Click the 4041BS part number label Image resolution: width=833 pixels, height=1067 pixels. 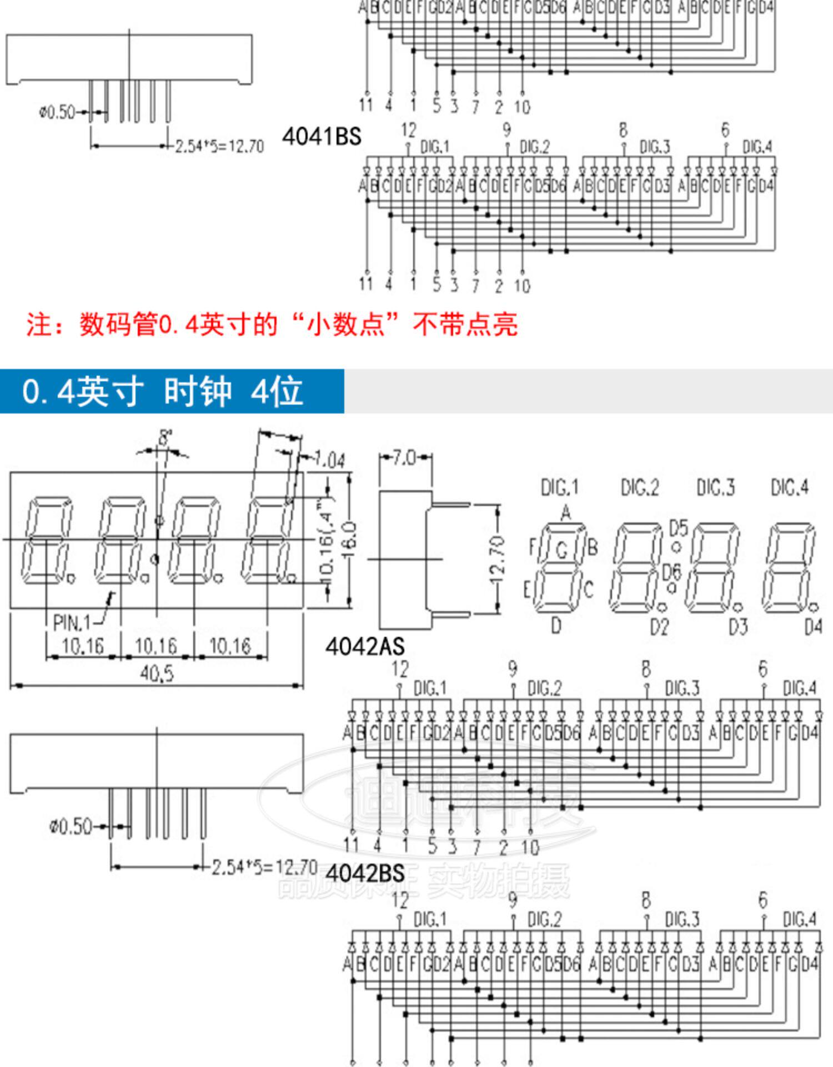point(322,137)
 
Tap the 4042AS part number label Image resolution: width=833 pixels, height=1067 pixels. point(365,646)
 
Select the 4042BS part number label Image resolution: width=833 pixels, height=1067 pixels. point(365,873)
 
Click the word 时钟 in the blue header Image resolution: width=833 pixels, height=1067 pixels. point(197,391)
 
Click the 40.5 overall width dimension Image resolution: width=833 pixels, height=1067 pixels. point(157,674)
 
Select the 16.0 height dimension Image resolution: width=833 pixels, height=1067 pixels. point(352,539)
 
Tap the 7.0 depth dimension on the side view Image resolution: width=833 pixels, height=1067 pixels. point(404,458)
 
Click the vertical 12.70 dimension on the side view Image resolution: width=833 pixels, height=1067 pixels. point(498,558)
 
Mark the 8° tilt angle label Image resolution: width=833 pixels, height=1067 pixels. point(164,438)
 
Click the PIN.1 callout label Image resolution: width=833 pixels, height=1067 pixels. point(72,622)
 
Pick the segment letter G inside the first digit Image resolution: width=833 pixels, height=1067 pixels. point(562,550)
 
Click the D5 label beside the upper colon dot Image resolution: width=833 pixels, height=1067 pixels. point(678,527)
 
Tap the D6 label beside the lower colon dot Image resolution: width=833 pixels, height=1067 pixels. point(671,571)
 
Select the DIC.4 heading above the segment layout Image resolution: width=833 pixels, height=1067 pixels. point(790,487)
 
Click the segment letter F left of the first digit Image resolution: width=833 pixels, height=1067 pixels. point(532,547)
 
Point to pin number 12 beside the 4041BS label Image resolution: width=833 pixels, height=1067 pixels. point(408,130)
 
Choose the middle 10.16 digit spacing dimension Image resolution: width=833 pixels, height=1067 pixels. point(156,646)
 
